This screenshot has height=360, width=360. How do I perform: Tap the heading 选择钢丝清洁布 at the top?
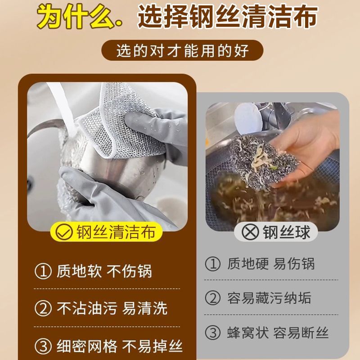click(228, 17)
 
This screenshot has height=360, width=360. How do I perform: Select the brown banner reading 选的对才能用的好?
click(182, 50)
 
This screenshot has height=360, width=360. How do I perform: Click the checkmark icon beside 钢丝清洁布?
click(64, 232)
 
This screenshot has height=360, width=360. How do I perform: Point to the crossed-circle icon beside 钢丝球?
click(250, 232)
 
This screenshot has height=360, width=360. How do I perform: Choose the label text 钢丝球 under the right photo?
click(286, 232)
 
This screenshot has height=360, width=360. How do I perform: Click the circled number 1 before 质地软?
click(43, 271)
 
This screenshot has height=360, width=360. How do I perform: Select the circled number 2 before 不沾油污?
click(43, 308)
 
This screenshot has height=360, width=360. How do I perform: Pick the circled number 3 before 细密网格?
click(43, 346)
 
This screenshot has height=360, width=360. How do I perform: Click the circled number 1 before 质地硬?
click(213, 264)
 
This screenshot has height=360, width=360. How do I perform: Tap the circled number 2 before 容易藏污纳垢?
click(213, 298)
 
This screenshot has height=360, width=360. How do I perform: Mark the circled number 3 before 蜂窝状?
click(213, 333)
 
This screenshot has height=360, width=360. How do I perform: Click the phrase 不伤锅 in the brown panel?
click(129, 271)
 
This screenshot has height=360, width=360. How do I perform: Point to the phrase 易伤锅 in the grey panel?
click(294, 264)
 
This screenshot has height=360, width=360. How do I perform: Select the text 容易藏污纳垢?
click(269, 298)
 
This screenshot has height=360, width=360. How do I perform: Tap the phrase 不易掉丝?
click(152, 346)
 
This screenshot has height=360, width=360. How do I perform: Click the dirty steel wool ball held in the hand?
click(264, 161)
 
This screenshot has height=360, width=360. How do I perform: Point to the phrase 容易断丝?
click(301, 333)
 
